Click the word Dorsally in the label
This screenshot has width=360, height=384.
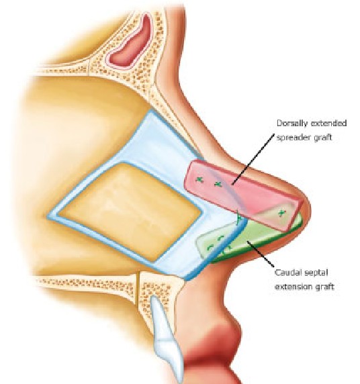(291, 123)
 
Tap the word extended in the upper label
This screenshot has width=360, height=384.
(328, 123)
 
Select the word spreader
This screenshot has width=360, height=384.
(290, 138)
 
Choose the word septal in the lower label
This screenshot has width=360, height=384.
(314, 273)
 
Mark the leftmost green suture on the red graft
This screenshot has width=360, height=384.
(199, 180)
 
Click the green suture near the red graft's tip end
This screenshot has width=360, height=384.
(282, 213)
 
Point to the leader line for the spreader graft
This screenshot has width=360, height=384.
(253, 159)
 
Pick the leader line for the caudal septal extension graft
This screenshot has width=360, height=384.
(260, 254)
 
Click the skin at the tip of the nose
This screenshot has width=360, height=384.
(306, 208)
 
